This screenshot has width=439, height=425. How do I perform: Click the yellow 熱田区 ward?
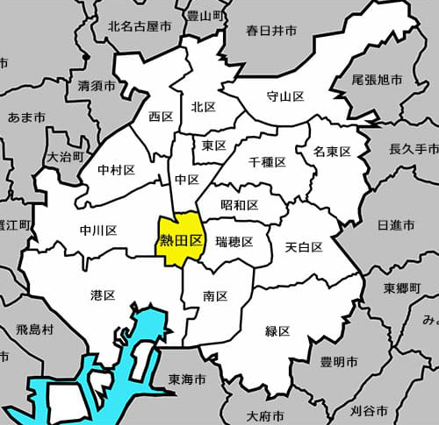(180, 239)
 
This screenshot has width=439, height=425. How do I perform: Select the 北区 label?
(204, 107)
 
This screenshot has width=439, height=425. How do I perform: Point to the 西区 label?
(161, 117)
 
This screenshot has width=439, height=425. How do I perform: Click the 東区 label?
(214, 145)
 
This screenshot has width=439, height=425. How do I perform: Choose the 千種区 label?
(267, 163)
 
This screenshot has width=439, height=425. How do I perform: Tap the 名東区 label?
(332, 152)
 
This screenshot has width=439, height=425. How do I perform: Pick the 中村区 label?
(116, 169)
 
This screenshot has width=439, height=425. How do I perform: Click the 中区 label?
(187, 180)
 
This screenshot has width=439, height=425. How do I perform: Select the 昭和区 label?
(240, 205)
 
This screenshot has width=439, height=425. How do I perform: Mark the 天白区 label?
(304, 247)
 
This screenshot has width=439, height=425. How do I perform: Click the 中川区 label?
(98, 230)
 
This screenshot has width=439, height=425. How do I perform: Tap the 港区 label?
(103, 294)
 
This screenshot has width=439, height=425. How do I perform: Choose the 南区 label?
(215, 296)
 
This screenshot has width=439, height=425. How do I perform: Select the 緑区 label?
(277, 331)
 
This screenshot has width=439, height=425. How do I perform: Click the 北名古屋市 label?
(137, 26)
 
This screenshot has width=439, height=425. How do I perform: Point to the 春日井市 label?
(271, 31)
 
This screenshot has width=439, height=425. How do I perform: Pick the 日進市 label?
(396, 225)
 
